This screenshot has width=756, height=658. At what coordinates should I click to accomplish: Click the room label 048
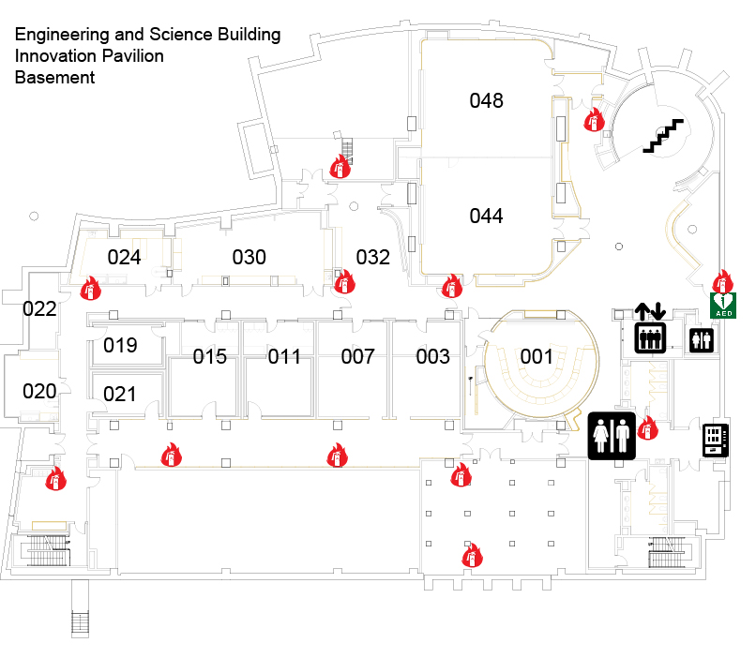point(487,101)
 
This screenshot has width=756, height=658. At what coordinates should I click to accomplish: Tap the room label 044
point(487,217)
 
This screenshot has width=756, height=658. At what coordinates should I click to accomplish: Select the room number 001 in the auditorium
point(537,356)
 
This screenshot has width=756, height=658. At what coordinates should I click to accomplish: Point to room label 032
point(372,257)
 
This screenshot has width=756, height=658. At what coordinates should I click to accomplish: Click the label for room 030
point(249,257)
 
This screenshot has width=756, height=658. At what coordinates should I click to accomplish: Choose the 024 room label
point(124,257)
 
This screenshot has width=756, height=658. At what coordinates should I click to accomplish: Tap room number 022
point(39,308)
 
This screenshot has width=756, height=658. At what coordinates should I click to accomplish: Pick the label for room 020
point(39,391)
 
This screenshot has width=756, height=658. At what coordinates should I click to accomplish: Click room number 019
point(120,345)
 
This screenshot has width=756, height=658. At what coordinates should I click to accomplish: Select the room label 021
point(120,394)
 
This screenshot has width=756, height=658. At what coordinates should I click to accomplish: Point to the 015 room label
point(210,356)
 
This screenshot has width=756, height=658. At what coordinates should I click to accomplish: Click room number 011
point(284,356)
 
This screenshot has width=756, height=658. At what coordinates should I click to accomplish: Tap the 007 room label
point(357,356)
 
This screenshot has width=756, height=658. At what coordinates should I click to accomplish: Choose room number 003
point(432,356)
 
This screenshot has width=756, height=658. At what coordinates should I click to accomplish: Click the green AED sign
point(723,305)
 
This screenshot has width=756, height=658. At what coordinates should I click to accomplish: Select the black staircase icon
point(663,136)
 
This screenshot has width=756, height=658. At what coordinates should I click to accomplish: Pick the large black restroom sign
point(612,436)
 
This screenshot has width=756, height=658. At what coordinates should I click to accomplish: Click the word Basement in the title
point(54,78)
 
